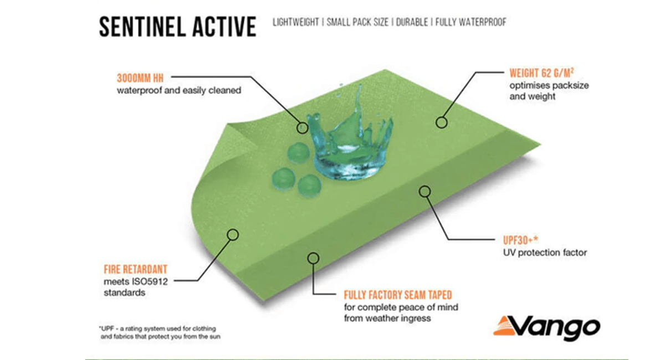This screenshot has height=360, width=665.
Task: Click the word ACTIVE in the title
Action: coord(224,27)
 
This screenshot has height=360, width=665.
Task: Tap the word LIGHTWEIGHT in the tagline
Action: coord(296,22)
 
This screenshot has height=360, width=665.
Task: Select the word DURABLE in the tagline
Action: coord(412,22)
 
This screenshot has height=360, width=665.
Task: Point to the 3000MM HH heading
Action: coord(140,78)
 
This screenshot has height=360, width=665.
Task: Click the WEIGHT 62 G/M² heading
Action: coord(541,73)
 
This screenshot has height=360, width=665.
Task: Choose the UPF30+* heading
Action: coord(520,240)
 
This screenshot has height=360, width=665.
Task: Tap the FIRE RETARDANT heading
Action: coord(135,269)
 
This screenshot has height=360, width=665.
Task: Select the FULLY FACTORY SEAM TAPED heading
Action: coord(398,295)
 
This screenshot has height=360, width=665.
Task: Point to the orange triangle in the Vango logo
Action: coord(503,326)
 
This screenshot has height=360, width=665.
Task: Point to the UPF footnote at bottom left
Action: coord(160,332)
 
